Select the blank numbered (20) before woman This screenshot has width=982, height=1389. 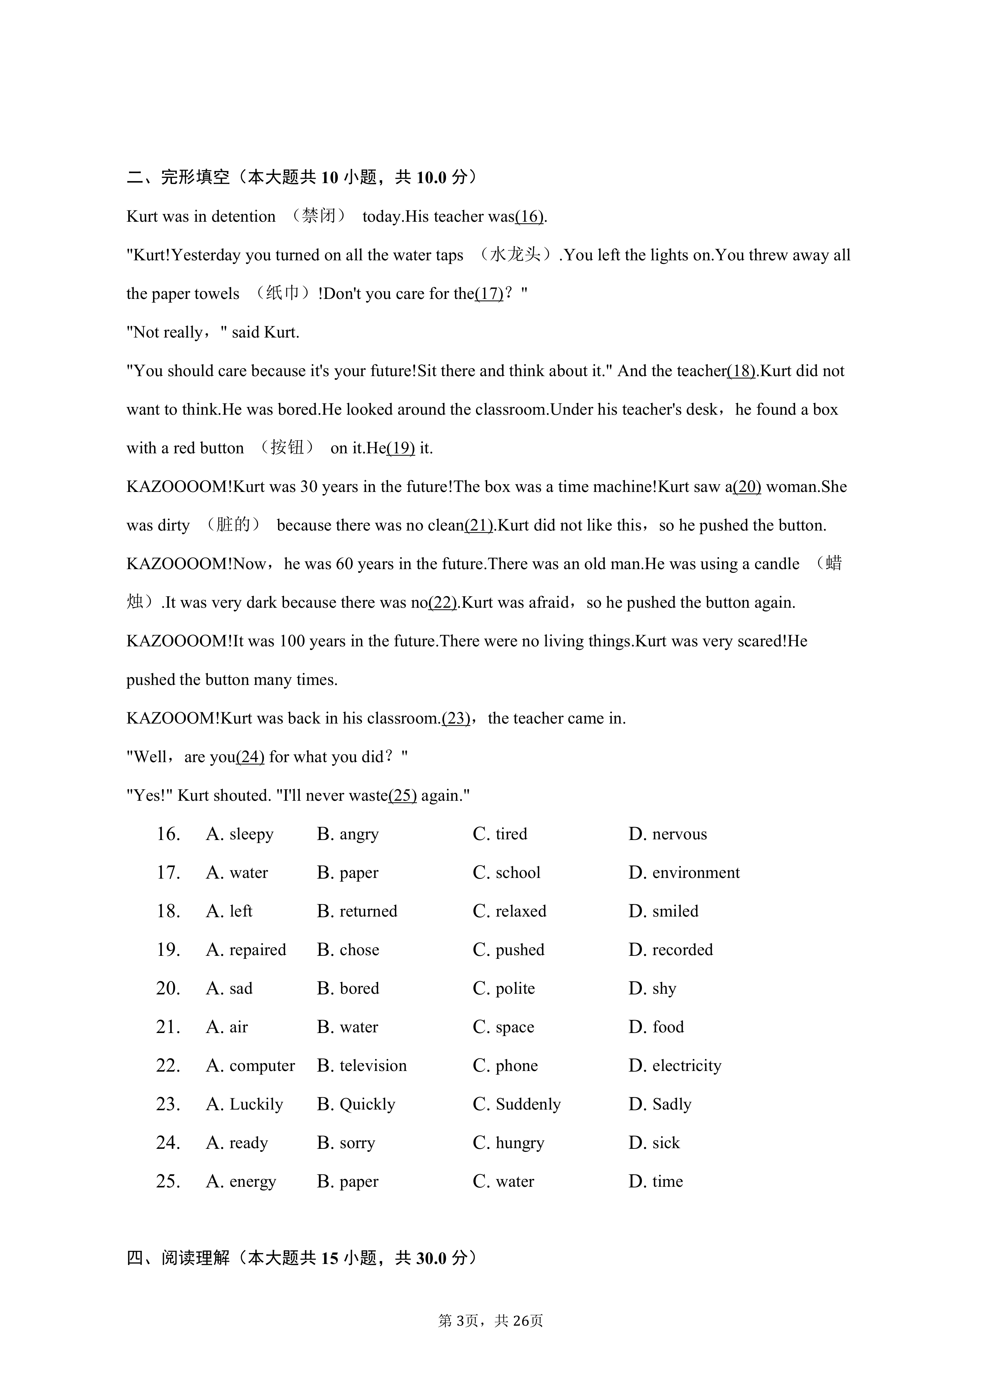747,487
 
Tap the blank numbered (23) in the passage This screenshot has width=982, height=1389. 456,719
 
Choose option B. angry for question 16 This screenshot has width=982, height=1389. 348,834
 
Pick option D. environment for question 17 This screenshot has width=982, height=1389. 684,873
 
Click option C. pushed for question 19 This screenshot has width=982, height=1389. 509,950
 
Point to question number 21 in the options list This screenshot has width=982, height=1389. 168,1027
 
